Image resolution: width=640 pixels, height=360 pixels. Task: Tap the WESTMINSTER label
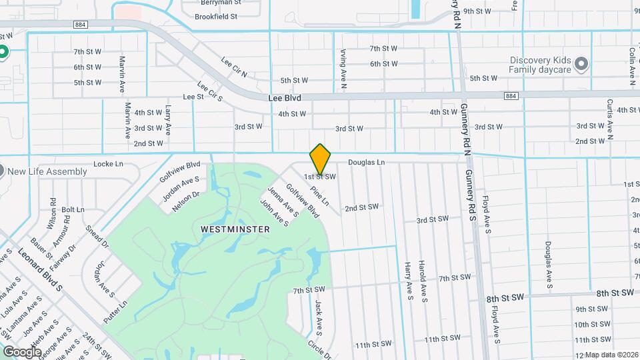[x=235, y=229]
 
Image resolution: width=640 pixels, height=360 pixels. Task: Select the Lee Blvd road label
[x=285, y=98]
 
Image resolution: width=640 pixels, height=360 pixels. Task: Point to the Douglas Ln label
[x=367, y=162]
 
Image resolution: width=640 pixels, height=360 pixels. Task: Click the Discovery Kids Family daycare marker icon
[x=581, y=64]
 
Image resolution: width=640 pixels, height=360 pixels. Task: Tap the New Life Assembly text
[x=47, y=171]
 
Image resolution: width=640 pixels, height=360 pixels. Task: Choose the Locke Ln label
[x=109, y=163]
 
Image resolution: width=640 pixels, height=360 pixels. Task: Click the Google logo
[x=22, y=351]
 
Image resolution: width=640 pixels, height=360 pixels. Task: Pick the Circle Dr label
[x=319, y=350]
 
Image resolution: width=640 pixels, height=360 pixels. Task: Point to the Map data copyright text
[x=611, y=354]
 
